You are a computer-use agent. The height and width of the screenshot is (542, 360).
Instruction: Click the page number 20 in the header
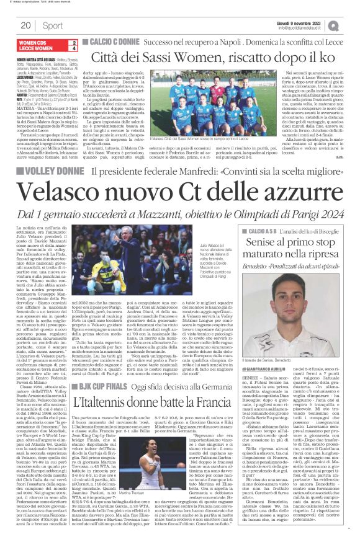click(x=25, y=25)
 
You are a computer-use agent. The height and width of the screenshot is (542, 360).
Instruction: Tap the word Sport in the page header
click(x=53, y=25)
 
